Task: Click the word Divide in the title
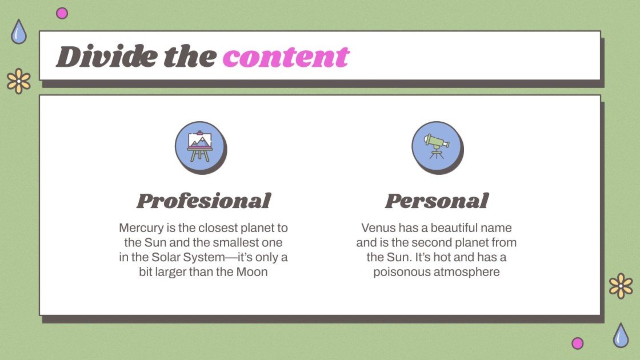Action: [106, 57]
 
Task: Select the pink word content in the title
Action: [286, 57]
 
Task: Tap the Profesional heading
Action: [203, 201]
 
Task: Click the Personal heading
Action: [437, 201]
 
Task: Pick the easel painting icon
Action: [199, 146]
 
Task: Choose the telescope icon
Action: [436, 146]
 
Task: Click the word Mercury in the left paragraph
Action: [140, 228]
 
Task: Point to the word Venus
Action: [378, 228]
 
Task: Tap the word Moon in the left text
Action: [252, 272]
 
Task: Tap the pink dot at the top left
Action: [62, 13]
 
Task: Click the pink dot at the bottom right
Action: [578, 343]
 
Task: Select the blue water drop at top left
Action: [19, 32]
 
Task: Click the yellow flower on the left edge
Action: [19, 81]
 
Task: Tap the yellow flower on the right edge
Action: [621, 286]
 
